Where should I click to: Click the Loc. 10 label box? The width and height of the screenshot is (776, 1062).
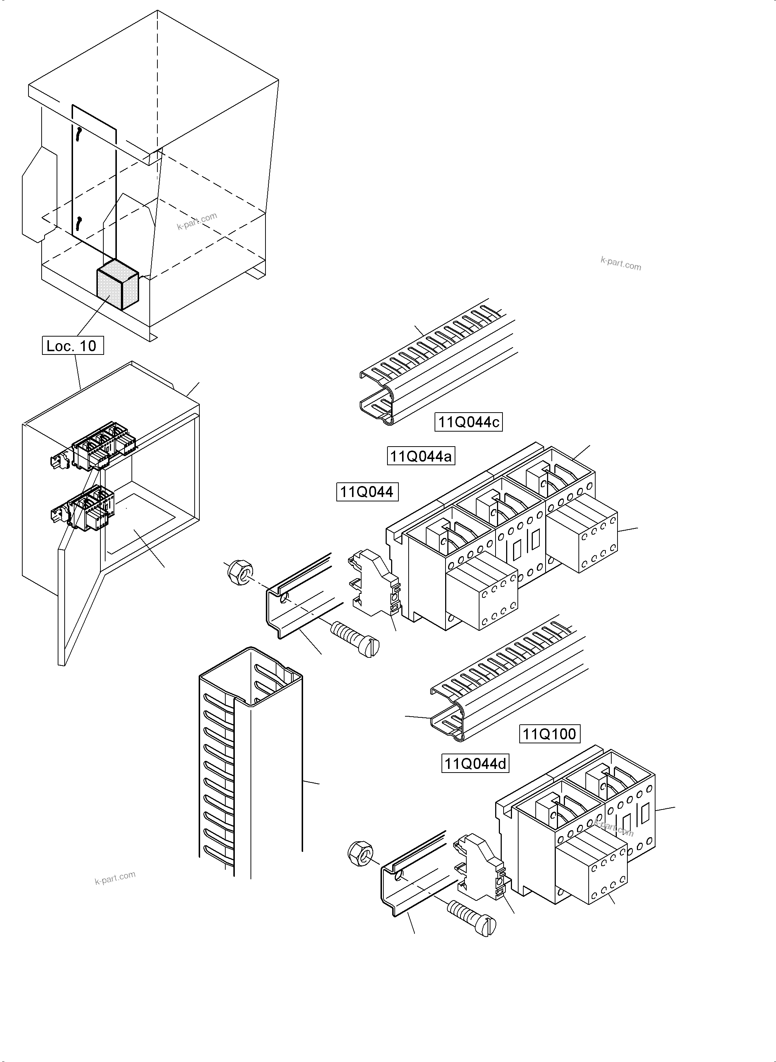coord(73,346)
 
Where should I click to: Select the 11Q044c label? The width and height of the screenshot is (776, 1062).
coord(468,422)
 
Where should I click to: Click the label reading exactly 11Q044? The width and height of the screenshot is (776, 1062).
coord(367,492)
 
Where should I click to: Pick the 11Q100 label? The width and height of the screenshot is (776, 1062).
coord(549,733)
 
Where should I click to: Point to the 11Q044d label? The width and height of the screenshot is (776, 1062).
coord(475,763)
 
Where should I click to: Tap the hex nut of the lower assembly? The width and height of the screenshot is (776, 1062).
coord(361,852)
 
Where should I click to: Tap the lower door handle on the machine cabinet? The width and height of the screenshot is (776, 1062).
coord(79,224)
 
